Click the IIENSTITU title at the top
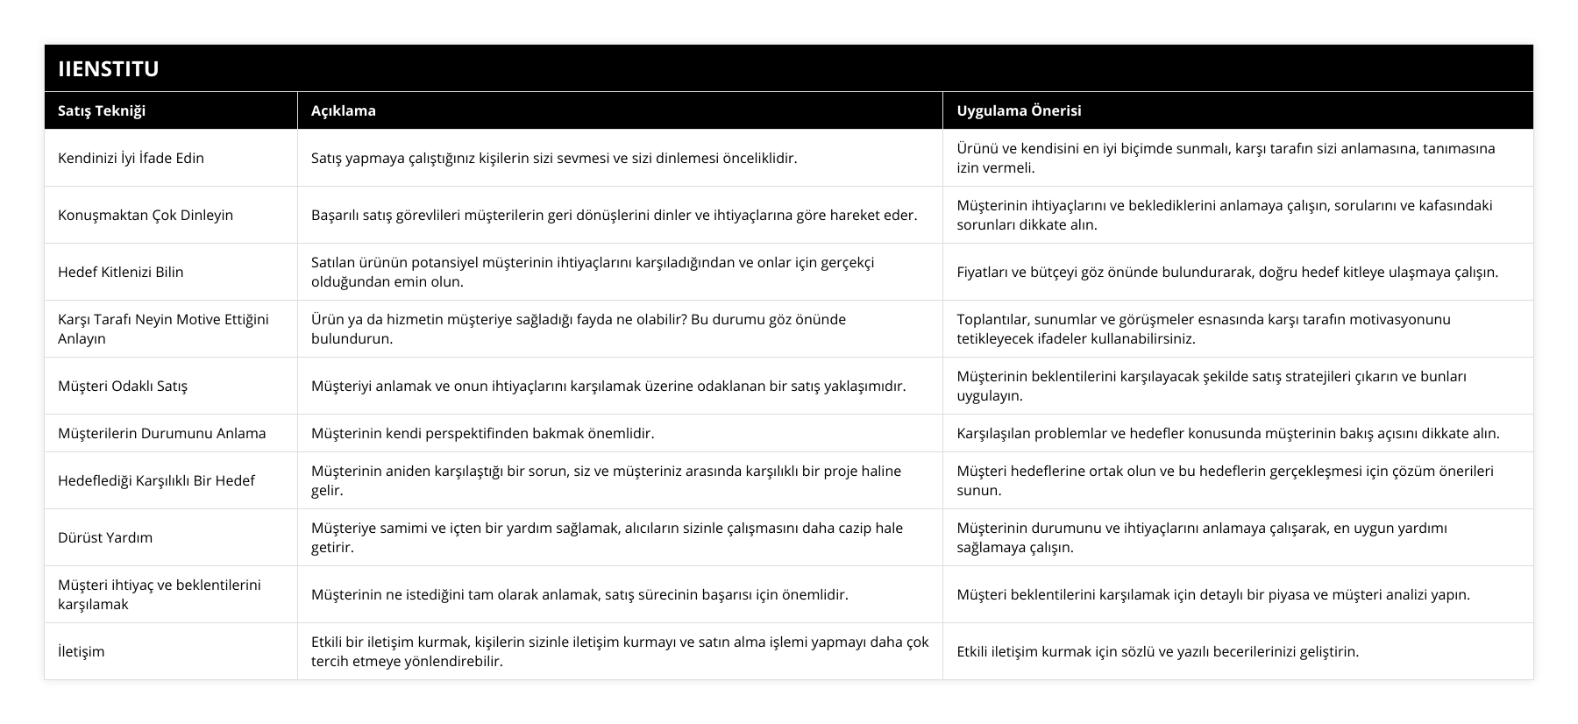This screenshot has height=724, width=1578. [x=109, y=68]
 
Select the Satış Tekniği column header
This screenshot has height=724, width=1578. [x=102, y=110]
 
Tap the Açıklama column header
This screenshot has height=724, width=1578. [x=344, y=110]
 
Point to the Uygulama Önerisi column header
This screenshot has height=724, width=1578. [x=1019, y=110]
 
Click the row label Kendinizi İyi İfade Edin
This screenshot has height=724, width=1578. [x=131, y=158]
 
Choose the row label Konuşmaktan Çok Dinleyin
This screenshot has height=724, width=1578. [x=146, y=215]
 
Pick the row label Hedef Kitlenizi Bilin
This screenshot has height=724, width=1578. [x=121, y=272]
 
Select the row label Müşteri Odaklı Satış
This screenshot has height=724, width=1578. [x=123, y=386]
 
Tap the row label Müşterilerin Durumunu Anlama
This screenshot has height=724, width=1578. [x=162, y=433]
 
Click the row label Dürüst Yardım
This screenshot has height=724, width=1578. [x=105, y=537]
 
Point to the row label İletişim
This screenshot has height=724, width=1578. [x=82, y=651]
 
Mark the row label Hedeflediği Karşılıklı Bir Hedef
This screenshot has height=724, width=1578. [x=156, y=480]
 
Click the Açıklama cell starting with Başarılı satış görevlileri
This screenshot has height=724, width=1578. [x=614, y=215]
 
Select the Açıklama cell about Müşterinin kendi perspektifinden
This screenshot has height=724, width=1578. [x=483, y=433]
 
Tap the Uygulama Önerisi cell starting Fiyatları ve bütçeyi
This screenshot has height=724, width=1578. [x=1227, y=272]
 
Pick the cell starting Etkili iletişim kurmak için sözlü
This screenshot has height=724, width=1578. [x=1157, y=651]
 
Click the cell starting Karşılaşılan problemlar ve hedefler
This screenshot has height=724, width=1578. [x=1227, y=433]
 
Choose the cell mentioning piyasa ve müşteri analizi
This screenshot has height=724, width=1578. [x=1213, y=594]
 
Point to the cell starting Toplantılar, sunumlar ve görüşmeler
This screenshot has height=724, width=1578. [x=1204, y=329]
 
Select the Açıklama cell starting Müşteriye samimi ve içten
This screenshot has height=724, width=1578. [x=607, y=537]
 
